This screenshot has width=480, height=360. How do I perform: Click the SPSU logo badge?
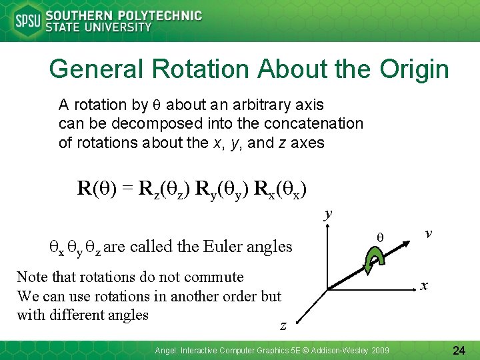(x=27, y=21)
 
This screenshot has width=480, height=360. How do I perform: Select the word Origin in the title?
(x=414, y=69)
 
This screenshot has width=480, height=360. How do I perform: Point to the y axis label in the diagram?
(x=327, y=214)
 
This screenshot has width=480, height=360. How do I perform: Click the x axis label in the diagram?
(x=424, y=285)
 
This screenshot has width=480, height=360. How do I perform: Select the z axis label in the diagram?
(x=283, y=325)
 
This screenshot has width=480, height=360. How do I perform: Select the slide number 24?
(x=458, y=349)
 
